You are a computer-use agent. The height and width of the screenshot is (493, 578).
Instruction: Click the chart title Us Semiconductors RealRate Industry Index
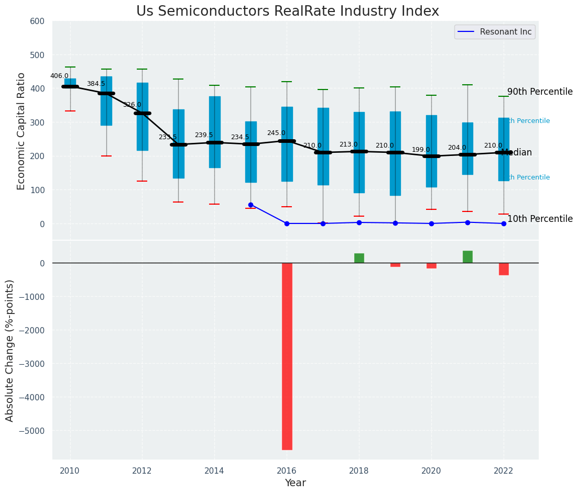tap(288, 12)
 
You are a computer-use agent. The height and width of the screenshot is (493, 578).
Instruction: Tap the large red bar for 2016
tap(287, 356)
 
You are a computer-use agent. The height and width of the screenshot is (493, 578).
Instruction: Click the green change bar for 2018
tap(359, 258)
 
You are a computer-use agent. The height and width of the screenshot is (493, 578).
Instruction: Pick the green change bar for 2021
tap(467, 256)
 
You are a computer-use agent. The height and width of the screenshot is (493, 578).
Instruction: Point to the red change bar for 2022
tap(504, 269)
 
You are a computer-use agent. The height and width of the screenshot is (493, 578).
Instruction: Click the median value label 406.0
tap(59, 76)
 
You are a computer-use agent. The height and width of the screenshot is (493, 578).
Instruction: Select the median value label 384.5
tap(96, 84)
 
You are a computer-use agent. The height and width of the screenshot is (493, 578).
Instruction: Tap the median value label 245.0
tap(276, 133)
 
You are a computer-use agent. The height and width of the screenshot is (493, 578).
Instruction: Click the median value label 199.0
tap(421, 150)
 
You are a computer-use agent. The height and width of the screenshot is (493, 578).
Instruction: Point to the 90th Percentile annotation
tap(540, 92)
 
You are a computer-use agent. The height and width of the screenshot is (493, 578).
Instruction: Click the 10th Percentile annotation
tap(540, 219)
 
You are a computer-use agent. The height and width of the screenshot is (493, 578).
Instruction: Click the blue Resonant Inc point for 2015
tap(250, 205)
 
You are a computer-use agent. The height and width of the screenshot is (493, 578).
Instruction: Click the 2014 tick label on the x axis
tap(214, 470)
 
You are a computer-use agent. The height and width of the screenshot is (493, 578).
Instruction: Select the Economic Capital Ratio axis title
tap(21, 131)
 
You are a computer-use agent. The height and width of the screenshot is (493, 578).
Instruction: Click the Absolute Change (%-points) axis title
tap(10, 350)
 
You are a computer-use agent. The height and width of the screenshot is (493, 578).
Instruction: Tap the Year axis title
tap(296, 483)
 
